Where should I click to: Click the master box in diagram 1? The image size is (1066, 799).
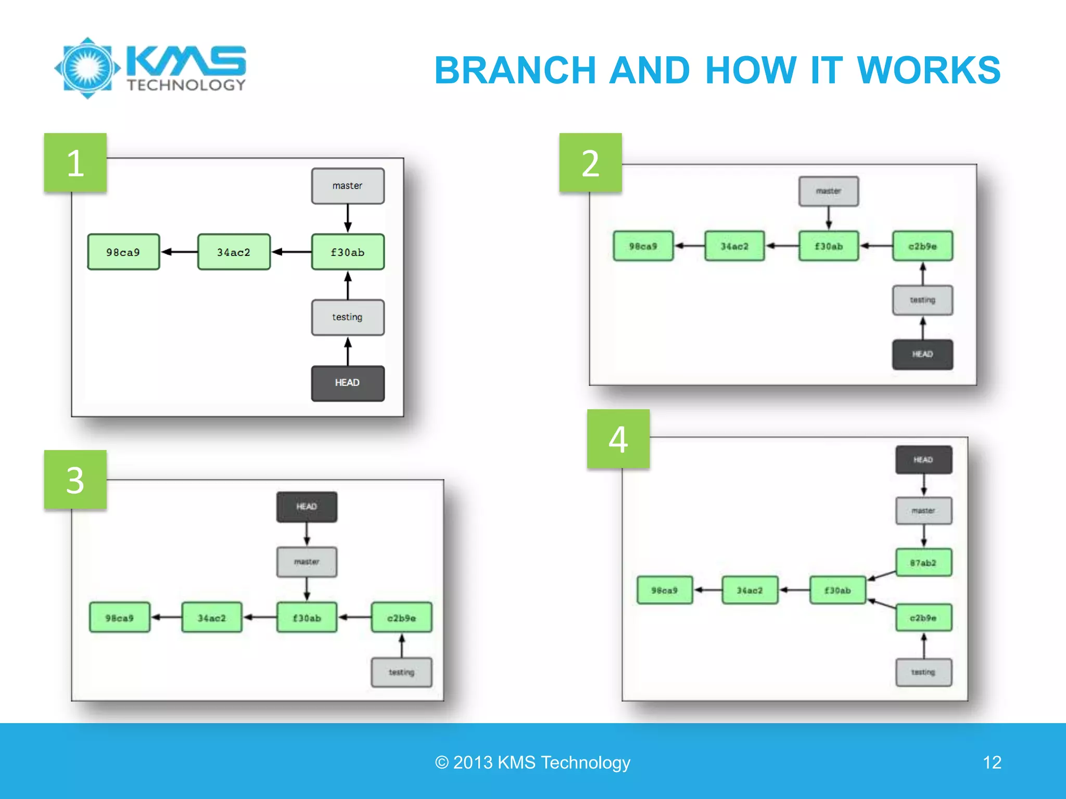pyautogui.click(x=348, y=186)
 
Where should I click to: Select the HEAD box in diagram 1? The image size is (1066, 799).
pyautogui.click(x=348, y=383)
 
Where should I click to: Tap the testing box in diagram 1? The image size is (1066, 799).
pyautogui.click(x=348, y=317)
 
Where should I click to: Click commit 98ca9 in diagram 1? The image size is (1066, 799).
pyautogui.click(x=123, y=252)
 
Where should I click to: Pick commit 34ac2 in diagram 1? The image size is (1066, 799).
pyautogui.click(x=234, y=252)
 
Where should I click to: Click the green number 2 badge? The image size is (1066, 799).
pyautogui.click(x=590, y=163)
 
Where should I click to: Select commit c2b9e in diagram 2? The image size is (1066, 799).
pyautogui.click(x=922, y=246)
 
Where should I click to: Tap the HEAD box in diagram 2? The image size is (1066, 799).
pyautogui.click(x=922, y=354)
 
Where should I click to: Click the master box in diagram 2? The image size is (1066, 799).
pyautogui.click(x=829, y=191)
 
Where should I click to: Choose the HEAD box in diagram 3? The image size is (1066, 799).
pyautogui.click(x=307, y=507)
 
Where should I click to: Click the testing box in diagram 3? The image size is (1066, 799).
pyautogui.click(x=401, y=672)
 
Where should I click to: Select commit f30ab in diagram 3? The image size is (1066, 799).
pyautogui.click(x=307, y=617)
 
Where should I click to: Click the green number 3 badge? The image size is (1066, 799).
pyautogui.click(x=75, y=480)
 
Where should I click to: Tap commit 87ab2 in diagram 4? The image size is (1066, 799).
pyautogui.click(x=923, y=562)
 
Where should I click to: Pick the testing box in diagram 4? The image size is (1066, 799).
pyautogui.click(x=923, y=672)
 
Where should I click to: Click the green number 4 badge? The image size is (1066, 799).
pyautogui.click(x=618, y=439)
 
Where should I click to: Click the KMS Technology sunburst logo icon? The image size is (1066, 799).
pyautogui.click(x=87, y=68)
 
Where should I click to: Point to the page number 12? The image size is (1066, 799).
pyautogui.click(x=992, y=762)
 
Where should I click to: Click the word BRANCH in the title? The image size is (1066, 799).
pyautogui.click(x=515, y=70)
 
